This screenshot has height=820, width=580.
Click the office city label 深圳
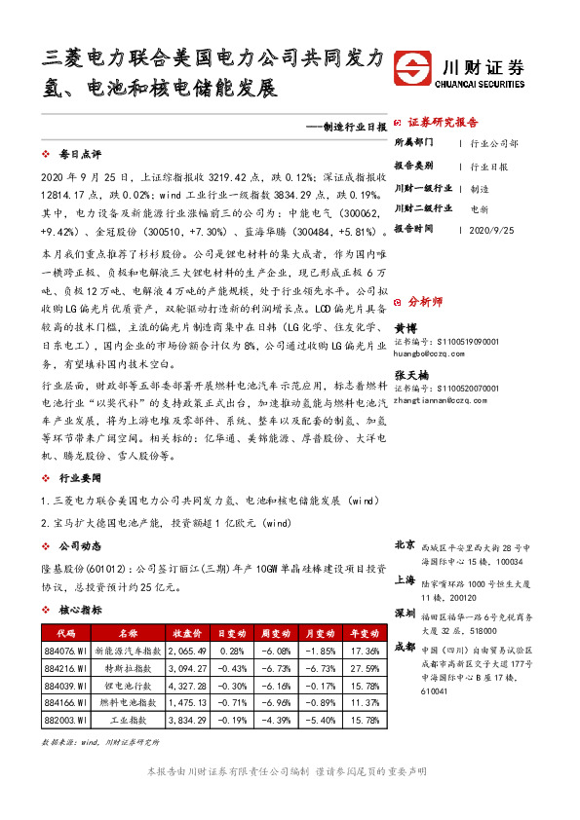[x=406, y=613]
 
